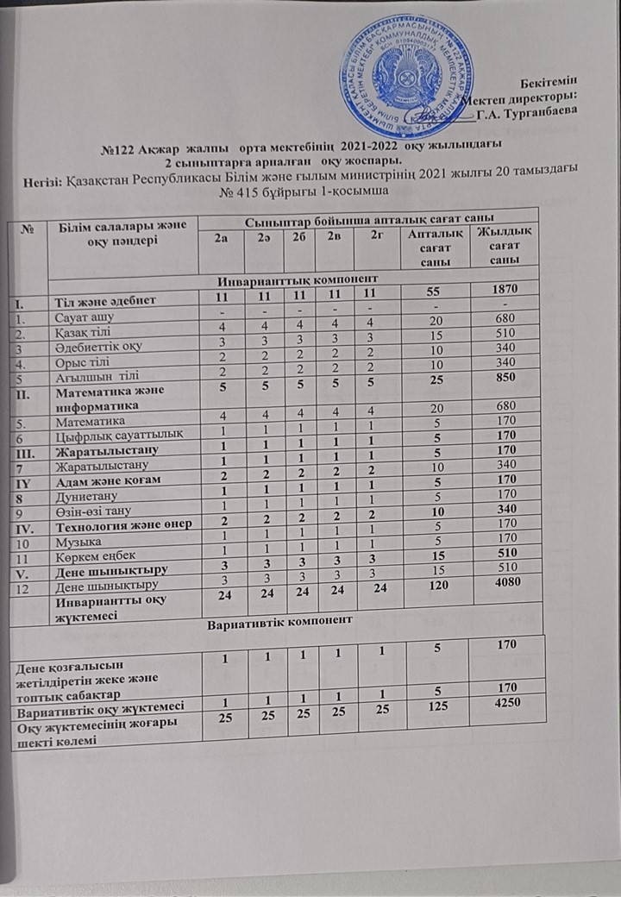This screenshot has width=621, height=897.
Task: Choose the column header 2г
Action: click(x=373, y=237)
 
